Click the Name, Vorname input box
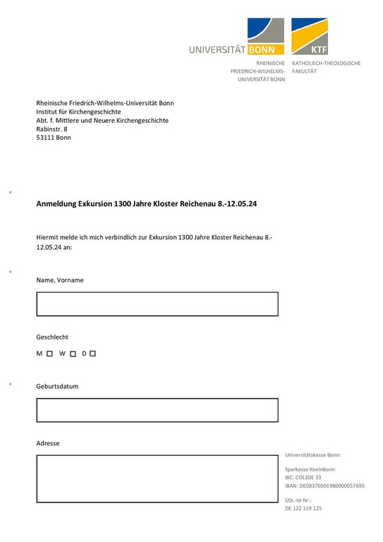click(157, 304)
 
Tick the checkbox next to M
click(49, 353)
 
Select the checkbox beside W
click(73, 353)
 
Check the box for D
click(92, 353)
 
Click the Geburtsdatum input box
click(157, 410)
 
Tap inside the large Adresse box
click(157, 478)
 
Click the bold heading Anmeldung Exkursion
click(146, 205)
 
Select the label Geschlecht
click(52, 337)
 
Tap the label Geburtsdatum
click(57, 387)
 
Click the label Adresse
click(48, 443)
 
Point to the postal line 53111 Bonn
click(54, 138)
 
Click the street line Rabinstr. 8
click(52, 129)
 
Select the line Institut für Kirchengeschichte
click(78, 112)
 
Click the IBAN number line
click(324, 486)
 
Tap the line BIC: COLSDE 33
click(303, 478)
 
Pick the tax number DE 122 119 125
click(303, 508)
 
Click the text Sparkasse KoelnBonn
click(310, 469)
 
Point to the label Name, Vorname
click(60, 280)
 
